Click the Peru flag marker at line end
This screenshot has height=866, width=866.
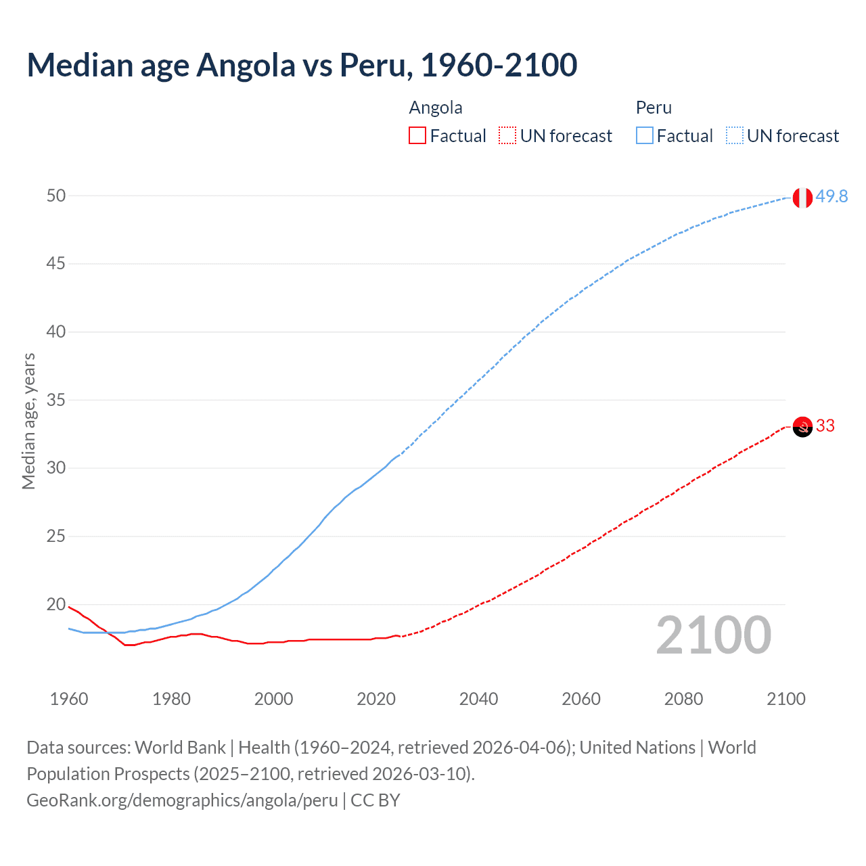[x=802, y=198]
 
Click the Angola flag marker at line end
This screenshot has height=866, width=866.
[x=802, y=427]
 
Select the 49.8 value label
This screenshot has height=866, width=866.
[x=831, y=196]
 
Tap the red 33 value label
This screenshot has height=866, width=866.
[x=825, y=426]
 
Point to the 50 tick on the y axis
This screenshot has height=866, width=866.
[x=56, y=196]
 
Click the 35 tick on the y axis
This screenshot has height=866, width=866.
[x=56, y=400]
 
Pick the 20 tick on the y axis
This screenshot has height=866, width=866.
[x=56, y=604]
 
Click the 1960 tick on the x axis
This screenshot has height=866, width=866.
[x=69, y=699]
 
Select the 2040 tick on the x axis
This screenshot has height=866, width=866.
[x=478, y=699]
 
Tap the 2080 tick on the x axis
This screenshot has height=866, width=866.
[x=683, y=699]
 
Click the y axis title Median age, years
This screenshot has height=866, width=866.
[x=28, y=421]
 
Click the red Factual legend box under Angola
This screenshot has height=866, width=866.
[x=417, y=136]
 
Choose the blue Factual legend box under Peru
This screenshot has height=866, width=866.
[x=644, y=136]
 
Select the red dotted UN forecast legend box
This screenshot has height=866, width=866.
[x=507, y=136]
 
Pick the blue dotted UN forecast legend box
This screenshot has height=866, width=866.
[x=734, y=136]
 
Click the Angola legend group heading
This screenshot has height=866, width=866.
[x=436, y=108]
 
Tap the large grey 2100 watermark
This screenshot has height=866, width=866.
[x=713, y=635]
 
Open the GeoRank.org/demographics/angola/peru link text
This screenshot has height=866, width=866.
[x=182, y=800]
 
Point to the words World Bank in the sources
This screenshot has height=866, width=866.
[x=180, y=747]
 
